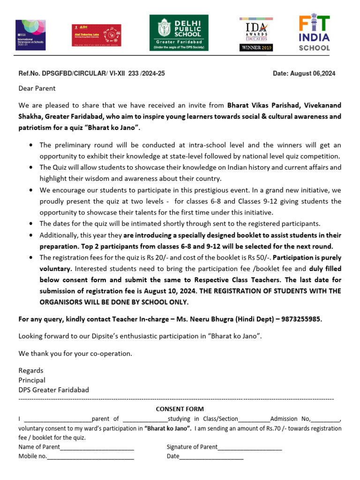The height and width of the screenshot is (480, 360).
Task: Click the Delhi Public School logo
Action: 179,33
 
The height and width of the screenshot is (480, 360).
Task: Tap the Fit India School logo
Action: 315,33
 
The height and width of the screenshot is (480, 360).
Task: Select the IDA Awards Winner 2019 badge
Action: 256,34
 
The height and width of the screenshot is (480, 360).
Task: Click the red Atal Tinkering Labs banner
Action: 96,35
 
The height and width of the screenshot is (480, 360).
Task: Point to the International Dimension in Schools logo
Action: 30,35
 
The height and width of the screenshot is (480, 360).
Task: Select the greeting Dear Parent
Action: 37,88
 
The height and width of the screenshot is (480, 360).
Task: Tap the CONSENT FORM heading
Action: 180,409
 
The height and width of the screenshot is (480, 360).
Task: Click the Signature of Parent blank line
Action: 249,447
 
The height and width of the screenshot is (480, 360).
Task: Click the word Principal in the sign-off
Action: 32,380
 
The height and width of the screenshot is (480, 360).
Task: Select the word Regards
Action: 31,370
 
